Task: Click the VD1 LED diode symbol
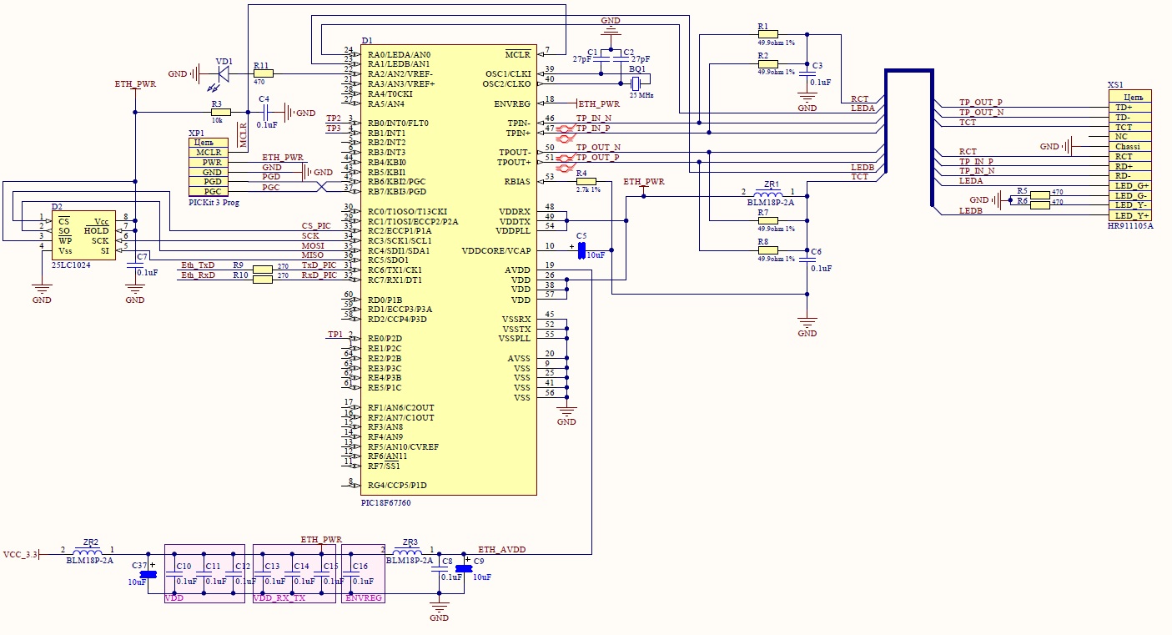point(222,73)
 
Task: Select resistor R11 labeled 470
point(262,73)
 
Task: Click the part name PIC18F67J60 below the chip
point(385,503)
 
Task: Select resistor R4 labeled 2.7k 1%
point(586,181)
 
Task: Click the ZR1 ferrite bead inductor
point(768,196)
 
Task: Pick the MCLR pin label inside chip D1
point(517,54)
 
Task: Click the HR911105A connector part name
point(1130,226)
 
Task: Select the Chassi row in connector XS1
point(1128,147)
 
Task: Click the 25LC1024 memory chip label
point(72,265)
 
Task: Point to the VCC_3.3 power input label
point(21,554)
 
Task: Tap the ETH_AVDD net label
point(501,550)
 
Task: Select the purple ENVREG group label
point(363,598)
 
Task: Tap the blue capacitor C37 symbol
point(148,574)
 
